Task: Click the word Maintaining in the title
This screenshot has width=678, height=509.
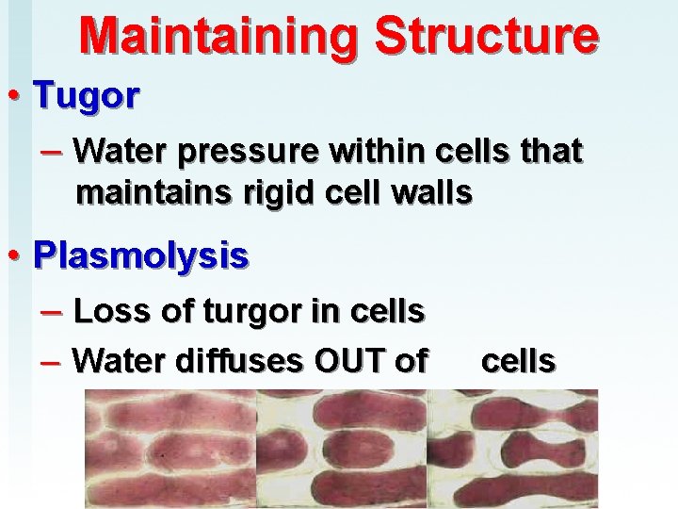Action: click(x=218, y=36)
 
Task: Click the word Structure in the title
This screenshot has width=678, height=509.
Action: click(x=485, y=36)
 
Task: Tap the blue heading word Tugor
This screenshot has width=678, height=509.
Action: click(x=86, y=94)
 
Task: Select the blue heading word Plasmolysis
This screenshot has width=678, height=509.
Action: click(x=141, y=254)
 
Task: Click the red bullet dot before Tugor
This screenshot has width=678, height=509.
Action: click(x=16, y=95)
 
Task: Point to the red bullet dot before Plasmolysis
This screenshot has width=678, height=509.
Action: click(x=16, y=255)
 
